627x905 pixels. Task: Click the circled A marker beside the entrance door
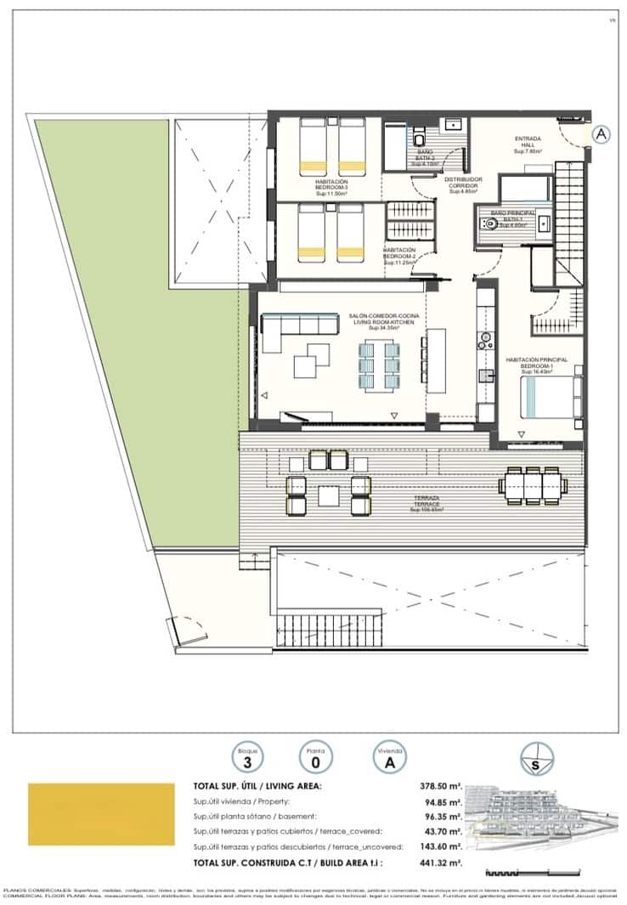(601, 134)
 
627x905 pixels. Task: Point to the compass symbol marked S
(537, 760)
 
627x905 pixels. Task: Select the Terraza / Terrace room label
(427, 504)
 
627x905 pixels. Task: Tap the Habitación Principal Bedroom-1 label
(536, 365)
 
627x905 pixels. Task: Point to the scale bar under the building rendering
(501, 873)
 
